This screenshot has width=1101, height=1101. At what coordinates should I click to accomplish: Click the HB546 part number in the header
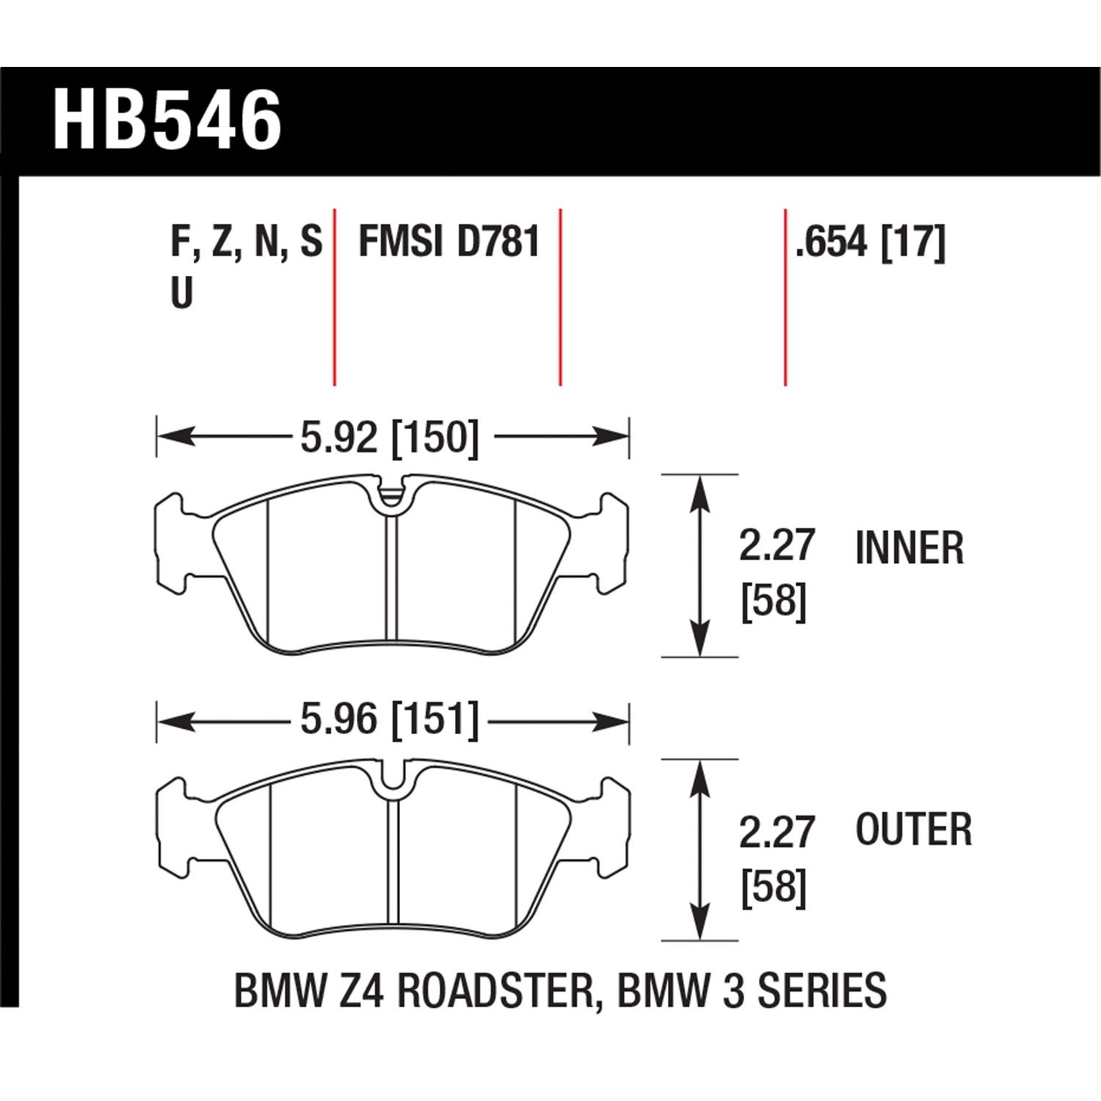(167, 120)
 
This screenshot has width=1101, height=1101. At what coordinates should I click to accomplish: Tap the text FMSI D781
(449, 242)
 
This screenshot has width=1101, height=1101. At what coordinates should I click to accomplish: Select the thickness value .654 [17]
(871, 242)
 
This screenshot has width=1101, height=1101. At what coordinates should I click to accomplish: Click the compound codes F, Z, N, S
(246, 242)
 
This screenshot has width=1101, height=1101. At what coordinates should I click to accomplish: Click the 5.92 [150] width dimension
(390, 438)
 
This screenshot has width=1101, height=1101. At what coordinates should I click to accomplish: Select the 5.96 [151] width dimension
(390, 720)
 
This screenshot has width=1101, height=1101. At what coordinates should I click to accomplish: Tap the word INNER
(909, 548)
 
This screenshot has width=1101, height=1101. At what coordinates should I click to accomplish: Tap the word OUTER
(914, 829)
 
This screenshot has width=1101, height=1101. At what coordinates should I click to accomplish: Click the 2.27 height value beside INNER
(777, 547)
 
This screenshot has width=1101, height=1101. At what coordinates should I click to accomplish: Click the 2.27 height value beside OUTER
(777, 832)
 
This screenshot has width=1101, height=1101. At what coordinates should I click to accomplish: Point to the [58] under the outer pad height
(774, 887)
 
